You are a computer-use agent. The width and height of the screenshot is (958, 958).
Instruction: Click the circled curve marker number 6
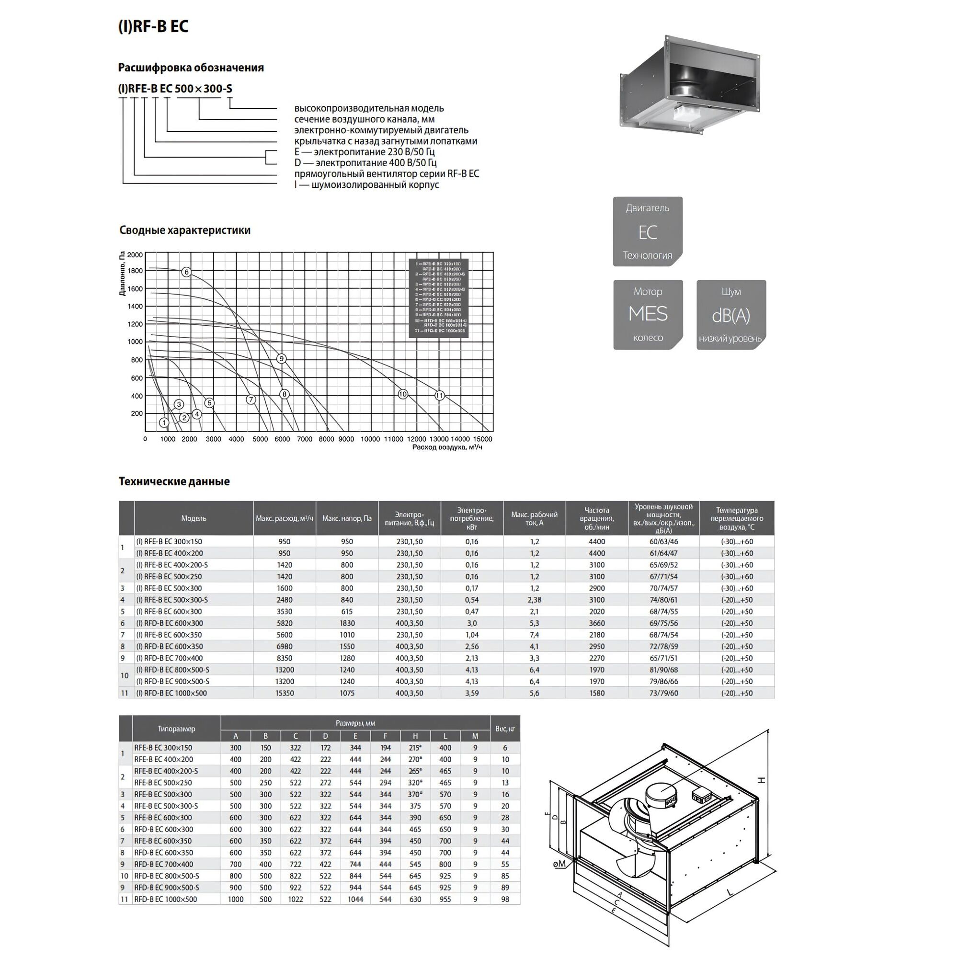pos(186,272)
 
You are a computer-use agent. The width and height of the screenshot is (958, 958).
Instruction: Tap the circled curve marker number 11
pos(439,395)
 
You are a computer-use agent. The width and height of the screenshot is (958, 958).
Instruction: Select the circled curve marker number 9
pos(281,358)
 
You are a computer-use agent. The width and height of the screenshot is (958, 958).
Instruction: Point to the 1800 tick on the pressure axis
pos(135,271)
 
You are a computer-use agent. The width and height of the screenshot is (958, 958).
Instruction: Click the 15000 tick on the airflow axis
pos(482,439)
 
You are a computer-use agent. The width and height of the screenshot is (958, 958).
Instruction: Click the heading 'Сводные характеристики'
pos(185,230)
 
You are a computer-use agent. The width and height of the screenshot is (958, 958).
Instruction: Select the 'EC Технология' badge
pos(648,231)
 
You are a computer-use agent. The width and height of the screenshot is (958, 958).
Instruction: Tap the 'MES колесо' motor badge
pos(648,315)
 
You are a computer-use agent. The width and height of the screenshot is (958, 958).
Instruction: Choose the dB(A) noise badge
pos(731,315)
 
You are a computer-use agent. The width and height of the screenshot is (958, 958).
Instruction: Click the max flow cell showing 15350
pos(285,693)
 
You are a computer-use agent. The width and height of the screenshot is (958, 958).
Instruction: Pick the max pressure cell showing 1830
pos(347,623)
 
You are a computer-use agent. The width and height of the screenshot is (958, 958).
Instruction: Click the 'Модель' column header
pos(194,518)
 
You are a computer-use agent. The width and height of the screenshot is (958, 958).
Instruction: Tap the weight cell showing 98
pos(505,899)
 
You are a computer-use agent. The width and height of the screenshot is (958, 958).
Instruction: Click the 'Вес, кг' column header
pos(505,729)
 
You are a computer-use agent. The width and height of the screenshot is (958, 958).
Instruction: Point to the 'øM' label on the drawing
pos(559,864)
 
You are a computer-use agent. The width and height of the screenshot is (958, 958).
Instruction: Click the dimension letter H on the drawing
pos(762,780)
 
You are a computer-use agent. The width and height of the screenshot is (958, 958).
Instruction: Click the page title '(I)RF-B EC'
pos(153,26)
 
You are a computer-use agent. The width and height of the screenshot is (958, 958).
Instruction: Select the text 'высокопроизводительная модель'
pos(369,108)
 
